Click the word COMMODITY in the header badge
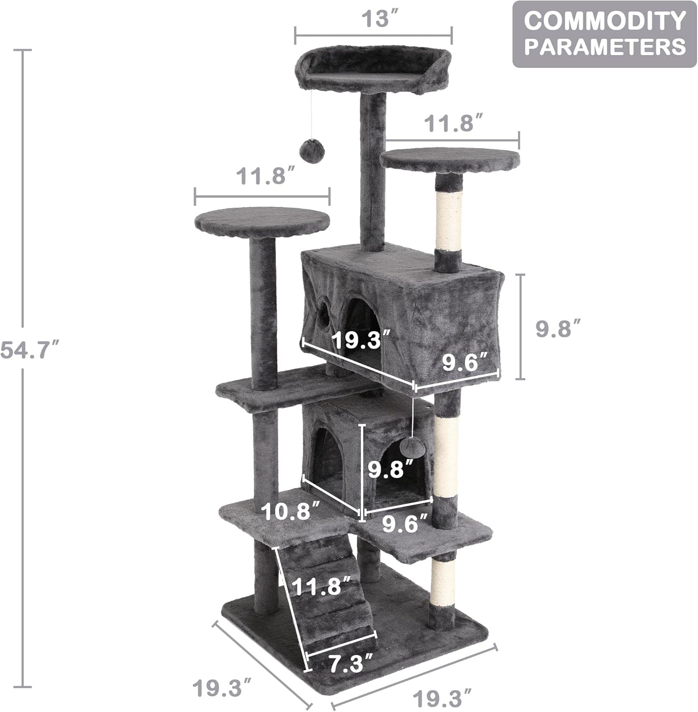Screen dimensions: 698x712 (x=605, y=21)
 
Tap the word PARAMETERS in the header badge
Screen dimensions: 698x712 (x=605, y=47)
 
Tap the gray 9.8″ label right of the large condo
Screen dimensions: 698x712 (x=558, y=328)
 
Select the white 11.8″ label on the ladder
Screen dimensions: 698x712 (x=322, y=587)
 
